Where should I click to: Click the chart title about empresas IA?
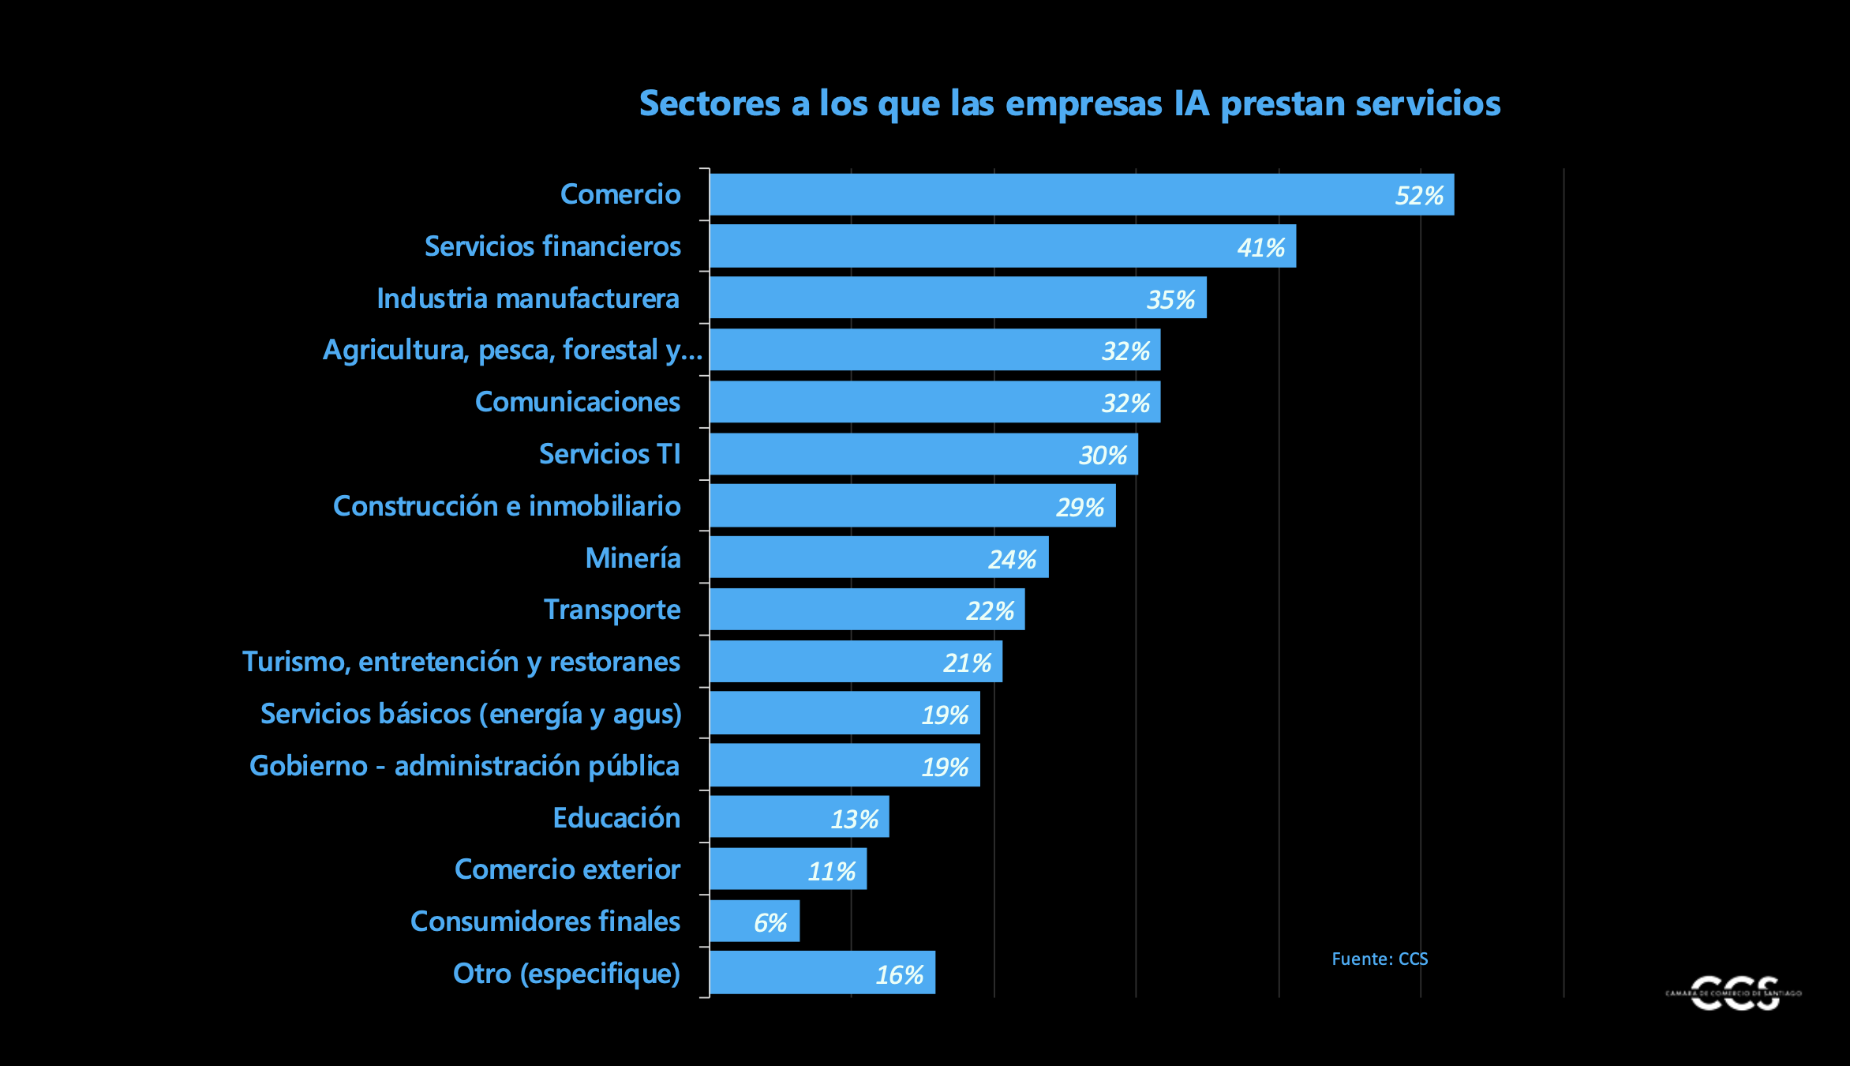tap(1069, 103)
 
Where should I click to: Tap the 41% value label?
tap(1260, 248)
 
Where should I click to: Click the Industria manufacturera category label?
tap(527, 298)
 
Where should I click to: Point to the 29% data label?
tap(1080, 507)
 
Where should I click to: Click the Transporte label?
tap(612, 610)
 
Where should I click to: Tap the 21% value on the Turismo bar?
tap(967, 662)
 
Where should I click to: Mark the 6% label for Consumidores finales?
tap(770, 922)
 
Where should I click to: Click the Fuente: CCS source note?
tap(1380, 959)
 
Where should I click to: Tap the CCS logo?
tap(1734, 993)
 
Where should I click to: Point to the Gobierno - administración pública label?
tap(464, 766)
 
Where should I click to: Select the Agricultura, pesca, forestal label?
tap(512, 350)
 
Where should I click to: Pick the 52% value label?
tap(1418, 196)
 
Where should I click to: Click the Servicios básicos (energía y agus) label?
tap(470, 714)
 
